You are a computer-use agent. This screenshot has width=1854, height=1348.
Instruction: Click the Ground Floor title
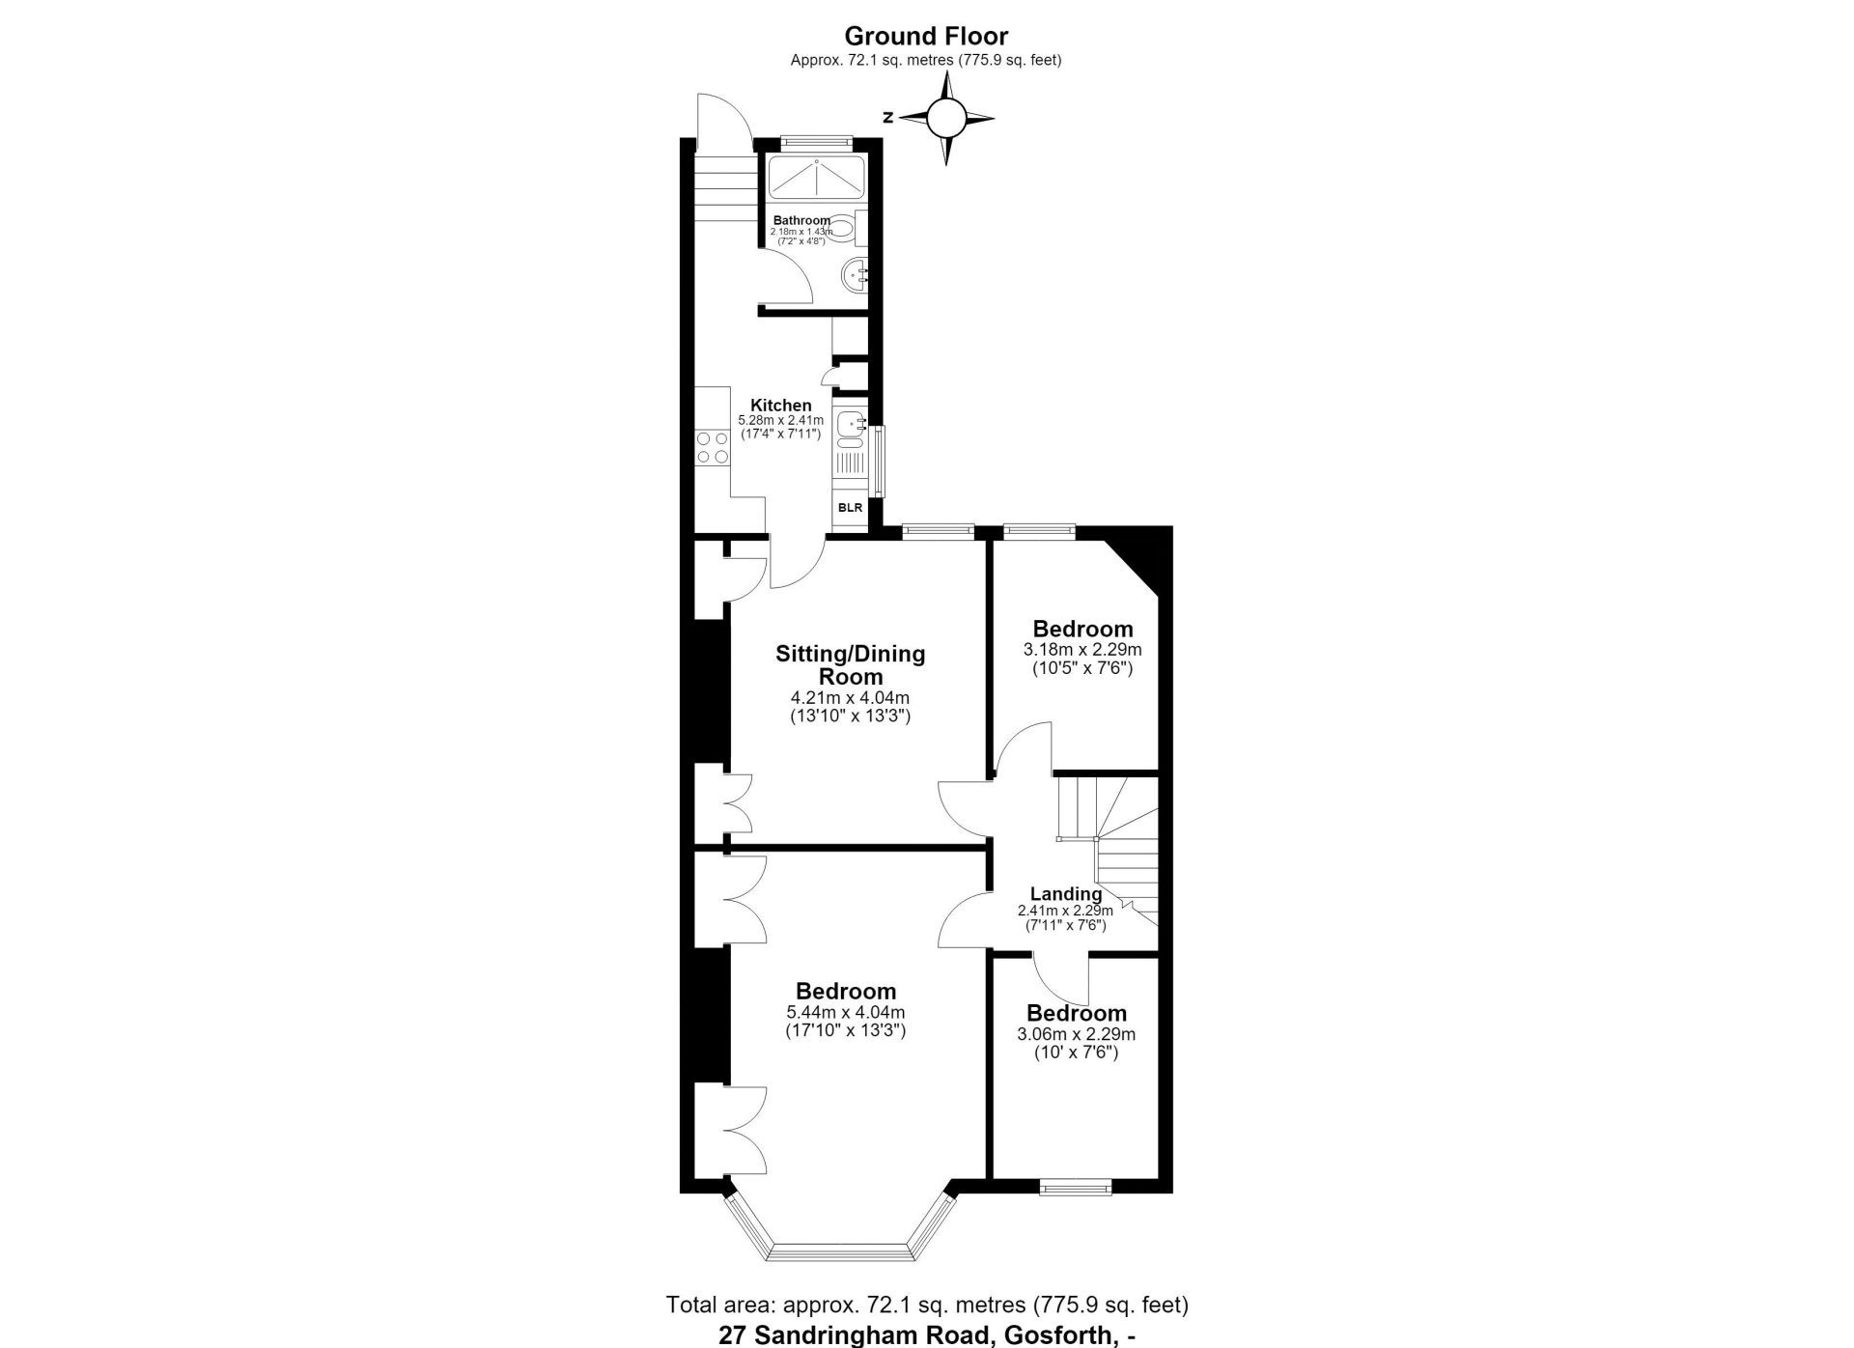pyautogui.click(x=926, y=37)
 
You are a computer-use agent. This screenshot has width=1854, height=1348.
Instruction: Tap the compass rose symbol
pyautogui.click(x=946, y=119)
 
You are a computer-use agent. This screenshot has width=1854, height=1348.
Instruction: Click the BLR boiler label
pyautogui.click(x=850, y=508)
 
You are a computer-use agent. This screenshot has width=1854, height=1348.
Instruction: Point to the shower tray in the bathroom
pyautogui.click(x=817, y=179)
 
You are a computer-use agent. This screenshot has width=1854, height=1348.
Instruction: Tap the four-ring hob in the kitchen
pyautogui.click(x=713, y=447)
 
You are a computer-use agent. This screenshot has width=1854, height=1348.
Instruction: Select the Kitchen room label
pyautogui.click(x=781, y=406)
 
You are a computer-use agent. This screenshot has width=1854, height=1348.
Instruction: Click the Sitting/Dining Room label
pyautogui.click(x=850, y=665)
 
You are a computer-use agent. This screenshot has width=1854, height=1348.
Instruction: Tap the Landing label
pyautogui.click(x=1065, y=894)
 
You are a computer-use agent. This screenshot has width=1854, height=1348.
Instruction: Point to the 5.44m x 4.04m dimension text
pyautogui.click(x=846, y=1012)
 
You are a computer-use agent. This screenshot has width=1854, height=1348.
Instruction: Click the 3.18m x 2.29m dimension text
pyautogui.click(x=1082, y=650)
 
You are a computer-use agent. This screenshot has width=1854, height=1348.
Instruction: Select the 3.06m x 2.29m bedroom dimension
pyautogui.click(x=1077, y=1034)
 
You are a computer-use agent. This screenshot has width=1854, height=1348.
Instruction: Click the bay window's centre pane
pyautogui.click(x=840, y=1252)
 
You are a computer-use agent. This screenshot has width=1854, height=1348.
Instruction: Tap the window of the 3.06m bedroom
pyautogui.click(x=1076, y=1187)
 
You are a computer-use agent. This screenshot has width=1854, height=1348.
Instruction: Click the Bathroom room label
pyautogui.click(x=801, y=221)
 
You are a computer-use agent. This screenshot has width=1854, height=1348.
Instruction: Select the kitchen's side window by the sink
pyautogui.click(x=878, y=462)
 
